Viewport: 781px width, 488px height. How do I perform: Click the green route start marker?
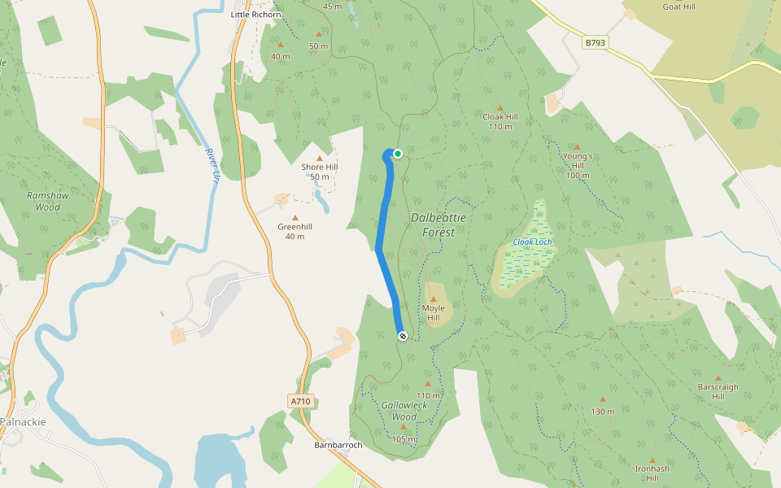point(398,153)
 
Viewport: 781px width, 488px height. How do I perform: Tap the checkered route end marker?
point(402,335)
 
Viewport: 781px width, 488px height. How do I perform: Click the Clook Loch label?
point(532,242)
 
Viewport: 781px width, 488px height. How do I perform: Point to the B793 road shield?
point(596,41)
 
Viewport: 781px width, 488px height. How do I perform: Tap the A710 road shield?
point(300,401)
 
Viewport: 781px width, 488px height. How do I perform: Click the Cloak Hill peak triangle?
point(500,107)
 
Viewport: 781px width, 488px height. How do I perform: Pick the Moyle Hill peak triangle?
point(433,299)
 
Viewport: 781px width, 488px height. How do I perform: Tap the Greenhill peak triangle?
point(295,217)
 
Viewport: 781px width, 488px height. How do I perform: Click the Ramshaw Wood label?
point(43,201)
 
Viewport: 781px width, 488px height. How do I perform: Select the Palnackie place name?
point(24,421)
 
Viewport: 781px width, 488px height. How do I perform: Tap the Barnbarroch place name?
point(338,445)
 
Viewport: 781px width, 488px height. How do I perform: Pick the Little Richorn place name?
point(255,15)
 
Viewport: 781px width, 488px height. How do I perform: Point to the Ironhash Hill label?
point(652,473)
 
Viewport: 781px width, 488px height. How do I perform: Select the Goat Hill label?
point(678,7)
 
